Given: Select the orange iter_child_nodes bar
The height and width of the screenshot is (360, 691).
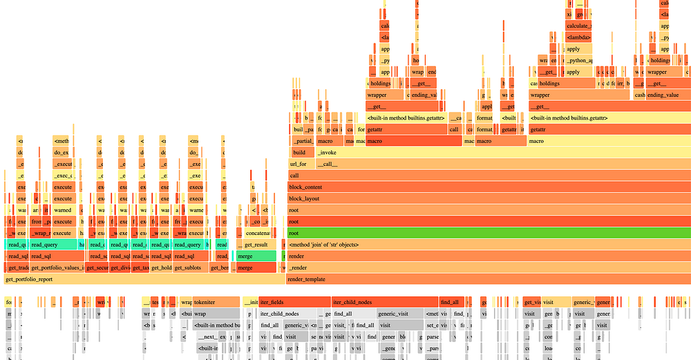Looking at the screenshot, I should point(384,302).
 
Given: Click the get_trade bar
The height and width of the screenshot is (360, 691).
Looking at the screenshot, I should point(15,268).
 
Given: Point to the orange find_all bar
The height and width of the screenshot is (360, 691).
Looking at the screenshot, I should point(451,302).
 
